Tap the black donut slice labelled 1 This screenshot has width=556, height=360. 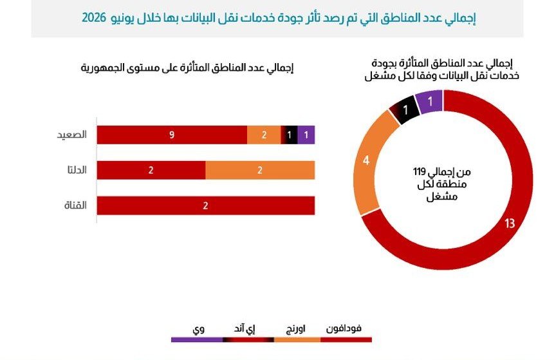coord(405,109)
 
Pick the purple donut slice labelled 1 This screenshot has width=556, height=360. coord(430,102)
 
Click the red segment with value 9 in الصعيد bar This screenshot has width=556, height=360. coord(172,135)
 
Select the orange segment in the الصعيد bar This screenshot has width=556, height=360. coord(264,135)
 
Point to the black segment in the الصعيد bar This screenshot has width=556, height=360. coord(290,135)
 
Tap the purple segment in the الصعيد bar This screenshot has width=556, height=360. coord(306,135)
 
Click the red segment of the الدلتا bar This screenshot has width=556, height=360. coord(151,170)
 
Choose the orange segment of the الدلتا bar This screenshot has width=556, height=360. coord(260,170)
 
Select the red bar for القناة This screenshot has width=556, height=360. coord(206,205)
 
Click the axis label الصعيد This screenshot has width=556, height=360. coord(72,135)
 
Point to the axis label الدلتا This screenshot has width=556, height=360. coord(77,170)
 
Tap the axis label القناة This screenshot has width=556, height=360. coord(75,205)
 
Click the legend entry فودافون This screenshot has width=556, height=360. coord(344,328)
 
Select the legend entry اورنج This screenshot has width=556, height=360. coord(295,329)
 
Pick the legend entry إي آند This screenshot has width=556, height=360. coord(245,329)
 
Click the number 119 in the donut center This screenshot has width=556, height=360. coord(419,172)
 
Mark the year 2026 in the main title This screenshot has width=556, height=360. coord(94,17)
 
